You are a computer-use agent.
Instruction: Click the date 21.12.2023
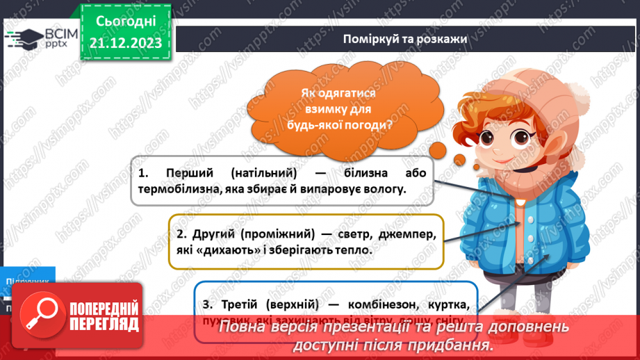(126, 43)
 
